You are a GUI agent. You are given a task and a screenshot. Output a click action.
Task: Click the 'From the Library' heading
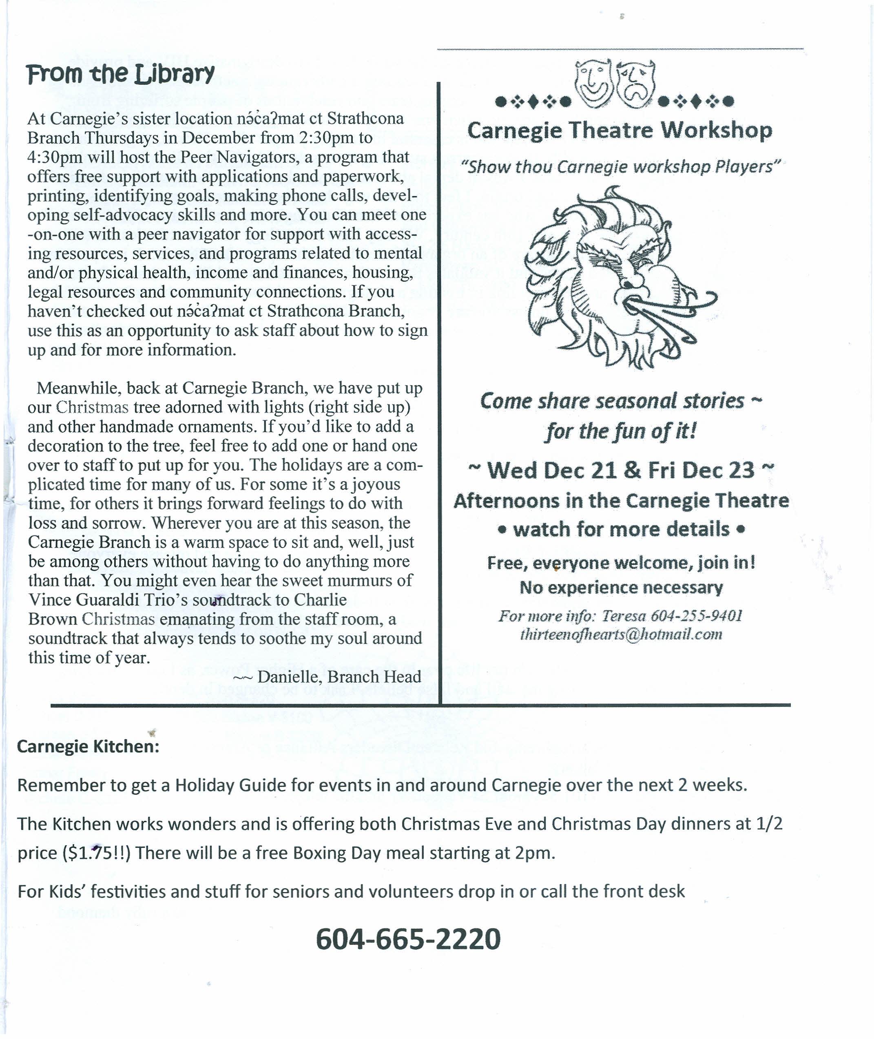click(120, 74)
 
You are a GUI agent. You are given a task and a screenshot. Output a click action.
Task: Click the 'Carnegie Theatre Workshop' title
click(620, 130)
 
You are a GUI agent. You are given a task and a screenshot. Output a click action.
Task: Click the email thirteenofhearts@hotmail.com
click(621, 635)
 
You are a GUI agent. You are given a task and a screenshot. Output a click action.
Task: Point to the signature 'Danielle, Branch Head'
click(339, 676)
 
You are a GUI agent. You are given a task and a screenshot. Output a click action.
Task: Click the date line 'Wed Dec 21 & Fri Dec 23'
click(621, 470)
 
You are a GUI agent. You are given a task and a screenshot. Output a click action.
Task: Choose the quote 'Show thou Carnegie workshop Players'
click(620, 167)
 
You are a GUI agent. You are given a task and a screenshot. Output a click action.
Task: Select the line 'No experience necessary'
click(621, 588)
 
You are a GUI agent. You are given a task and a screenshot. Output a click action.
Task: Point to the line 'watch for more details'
click(621, 529)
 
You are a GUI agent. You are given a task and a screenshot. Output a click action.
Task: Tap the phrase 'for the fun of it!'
click(621, 431)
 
